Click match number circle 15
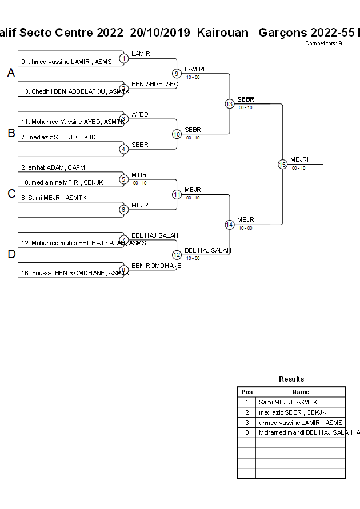[x=282, y=164]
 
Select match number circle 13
[x=229, y=104]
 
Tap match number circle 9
[x=177, y=73]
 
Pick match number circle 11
[x=177, y=194]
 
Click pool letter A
[x=11, y=73]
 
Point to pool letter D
[x=11, y=255]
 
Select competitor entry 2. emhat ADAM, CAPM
[x=53, y=167]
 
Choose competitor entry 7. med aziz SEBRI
[x=58, y=137]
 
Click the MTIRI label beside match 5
[x=140, y=175]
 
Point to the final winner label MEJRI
[x=299, y=159]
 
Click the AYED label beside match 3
[x=139, y=114]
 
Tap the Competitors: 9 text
[x=323, y=43]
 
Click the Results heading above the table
[x=291, y=379]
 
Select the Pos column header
[x=247, y=392]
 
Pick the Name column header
[x=301, y=392]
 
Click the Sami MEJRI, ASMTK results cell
[x=289, y=402]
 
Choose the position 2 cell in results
[x=247, y=412]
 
